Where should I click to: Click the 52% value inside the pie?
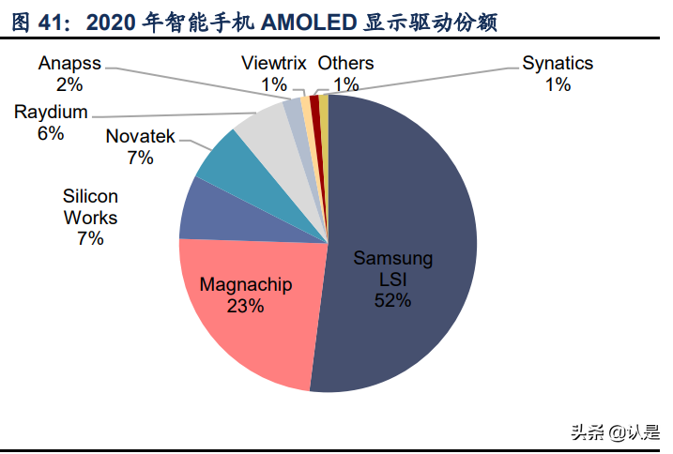[x=393, y=300]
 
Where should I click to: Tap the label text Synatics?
[x=558, y=64]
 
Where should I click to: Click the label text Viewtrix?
[x=274, y=64]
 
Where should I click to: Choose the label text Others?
[x=345, y=64]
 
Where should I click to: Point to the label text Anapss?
[x=69, y=64]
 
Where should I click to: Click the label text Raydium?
[x=51, y=113]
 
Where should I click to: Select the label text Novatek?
[x=140, y=137]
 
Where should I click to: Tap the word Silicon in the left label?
[x=90, y=197]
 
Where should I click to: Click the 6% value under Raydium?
[x=51, y=133]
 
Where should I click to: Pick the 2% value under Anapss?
[x=69, y=84]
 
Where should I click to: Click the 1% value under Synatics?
[x=558, y=84]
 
